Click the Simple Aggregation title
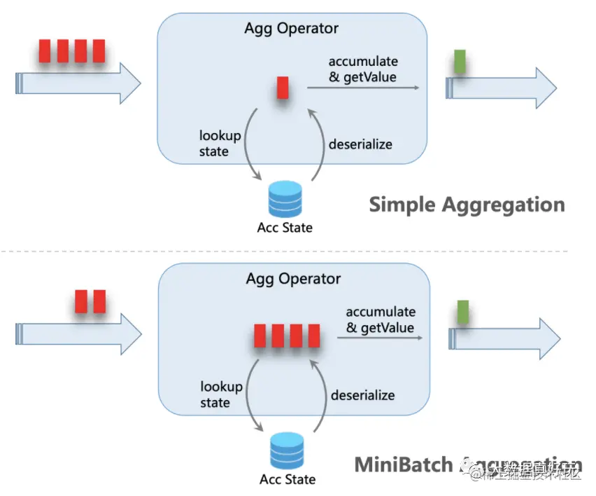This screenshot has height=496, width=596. point(467,205)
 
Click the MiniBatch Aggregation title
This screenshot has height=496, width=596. point(467,464)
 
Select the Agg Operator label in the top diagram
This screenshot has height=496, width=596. point(291,29)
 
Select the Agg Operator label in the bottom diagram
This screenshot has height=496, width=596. point(293,279)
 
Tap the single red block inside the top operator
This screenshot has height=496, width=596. point(283,88)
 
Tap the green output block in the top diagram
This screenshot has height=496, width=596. point(460,62)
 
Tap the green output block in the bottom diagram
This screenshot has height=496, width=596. point(462,310)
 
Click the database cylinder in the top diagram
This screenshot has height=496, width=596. point(285,198)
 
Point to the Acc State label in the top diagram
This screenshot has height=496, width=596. point(285,227)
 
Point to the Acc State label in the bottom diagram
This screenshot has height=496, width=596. point(288,480)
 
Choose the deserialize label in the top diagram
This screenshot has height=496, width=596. point(360,144)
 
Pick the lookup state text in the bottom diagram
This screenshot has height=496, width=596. point(221,394)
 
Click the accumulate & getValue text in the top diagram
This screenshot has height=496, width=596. point(362,69)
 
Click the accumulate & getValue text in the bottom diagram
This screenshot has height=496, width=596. point(380,319)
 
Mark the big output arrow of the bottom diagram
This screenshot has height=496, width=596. point(504,338)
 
